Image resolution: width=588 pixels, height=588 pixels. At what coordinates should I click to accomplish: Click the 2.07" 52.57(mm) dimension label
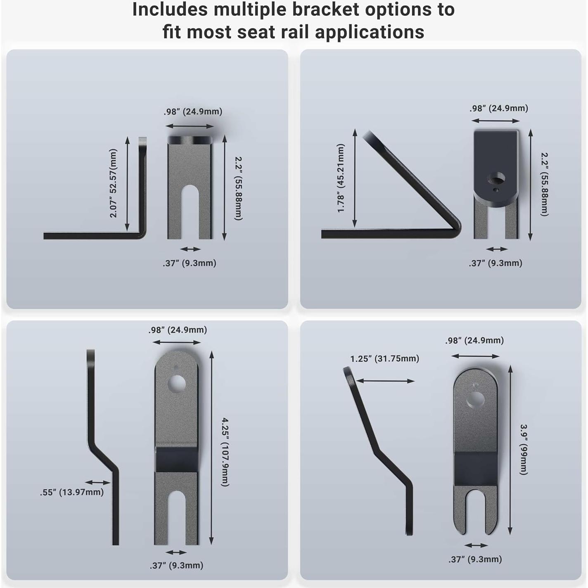point(114,183)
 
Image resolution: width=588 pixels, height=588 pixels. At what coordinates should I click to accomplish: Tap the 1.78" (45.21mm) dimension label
point(341,178)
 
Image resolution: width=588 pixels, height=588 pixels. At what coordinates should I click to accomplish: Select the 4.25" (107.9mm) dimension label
point(225,452)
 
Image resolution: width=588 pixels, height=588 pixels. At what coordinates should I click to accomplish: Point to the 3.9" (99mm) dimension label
point(524,449)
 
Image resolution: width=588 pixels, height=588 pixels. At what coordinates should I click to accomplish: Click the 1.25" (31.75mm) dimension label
point(384,358)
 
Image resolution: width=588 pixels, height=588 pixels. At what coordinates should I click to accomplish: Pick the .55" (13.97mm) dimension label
point(72,492)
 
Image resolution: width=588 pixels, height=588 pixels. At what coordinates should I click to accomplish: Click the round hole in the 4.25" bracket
point(177,384)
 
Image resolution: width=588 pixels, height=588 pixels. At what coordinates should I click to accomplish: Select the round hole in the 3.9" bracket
point(475,399)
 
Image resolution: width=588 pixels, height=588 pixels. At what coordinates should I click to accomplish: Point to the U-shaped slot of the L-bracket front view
point(190,211)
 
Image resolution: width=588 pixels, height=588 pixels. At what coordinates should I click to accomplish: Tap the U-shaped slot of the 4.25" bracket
point(176,516)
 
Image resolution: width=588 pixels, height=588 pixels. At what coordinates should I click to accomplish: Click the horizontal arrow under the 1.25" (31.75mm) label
point(385,381)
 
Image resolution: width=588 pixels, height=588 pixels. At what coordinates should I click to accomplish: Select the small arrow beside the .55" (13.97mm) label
point(98,482)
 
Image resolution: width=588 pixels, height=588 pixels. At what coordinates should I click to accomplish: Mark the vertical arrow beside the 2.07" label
point(127,184)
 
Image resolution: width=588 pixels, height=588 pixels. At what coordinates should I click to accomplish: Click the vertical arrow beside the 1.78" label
point(355,178)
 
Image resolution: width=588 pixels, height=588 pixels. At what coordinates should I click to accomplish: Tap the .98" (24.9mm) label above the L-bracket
point(193,111)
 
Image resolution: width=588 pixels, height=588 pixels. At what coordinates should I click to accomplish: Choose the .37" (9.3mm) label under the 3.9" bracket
point(475,559)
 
